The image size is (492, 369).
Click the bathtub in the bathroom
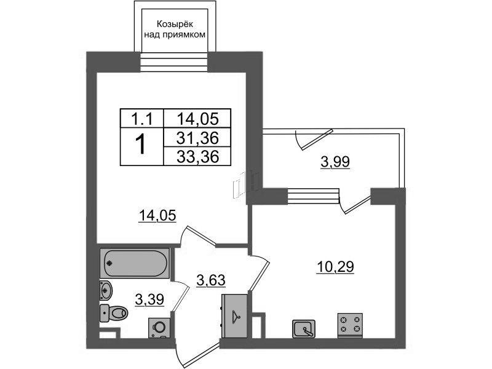[x=135, y=263]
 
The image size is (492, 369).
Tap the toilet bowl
[x=114, y=313]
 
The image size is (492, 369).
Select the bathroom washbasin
[x=105, y=290]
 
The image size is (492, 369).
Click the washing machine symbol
[x=159, y=328]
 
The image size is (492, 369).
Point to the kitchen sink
[x=303, y=329]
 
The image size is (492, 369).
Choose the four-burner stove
[x=350, y=325]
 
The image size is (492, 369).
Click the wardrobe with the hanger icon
[x=234, y=316]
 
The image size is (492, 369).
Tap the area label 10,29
[x=335, y=268]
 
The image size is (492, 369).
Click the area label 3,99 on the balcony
[x=335, y=162]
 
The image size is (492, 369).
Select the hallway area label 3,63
[x=211, y=280]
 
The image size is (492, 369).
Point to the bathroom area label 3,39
[x=149, y=300]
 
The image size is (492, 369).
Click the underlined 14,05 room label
[x=157, y=216]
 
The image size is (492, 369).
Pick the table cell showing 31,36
[x=197, y=137]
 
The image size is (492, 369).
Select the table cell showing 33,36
[x=197, y=156]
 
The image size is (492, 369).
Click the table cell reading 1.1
[x=142, y=119]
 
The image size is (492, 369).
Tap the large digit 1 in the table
[x=141, y=144]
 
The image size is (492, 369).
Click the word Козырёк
[x=175, y=24]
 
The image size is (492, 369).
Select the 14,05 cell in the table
[x=197, y=119]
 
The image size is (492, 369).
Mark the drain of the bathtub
[x=109, y=263]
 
